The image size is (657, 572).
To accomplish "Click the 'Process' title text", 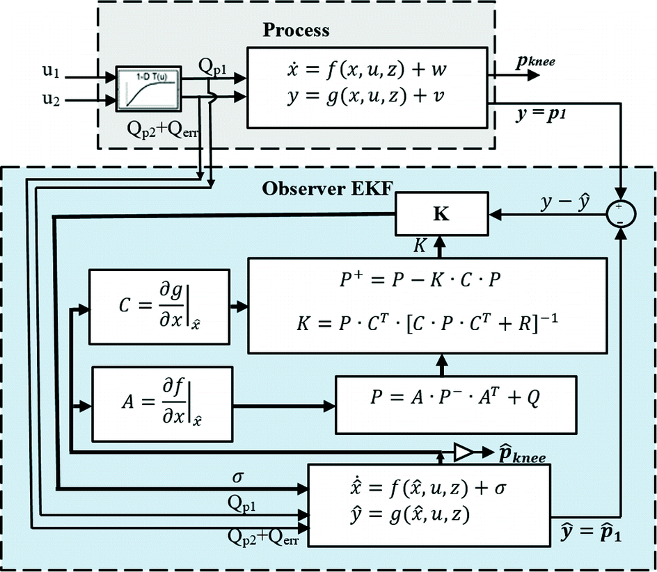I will pyautogui.click(x=296, y=31).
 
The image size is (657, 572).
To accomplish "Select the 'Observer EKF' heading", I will pyautogui.click(x=309, y=189).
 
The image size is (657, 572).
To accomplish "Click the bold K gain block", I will pyautogui.click(x=441, y=214).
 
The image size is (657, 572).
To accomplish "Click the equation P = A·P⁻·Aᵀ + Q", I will pyautogui.click(x=456, y=398).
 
